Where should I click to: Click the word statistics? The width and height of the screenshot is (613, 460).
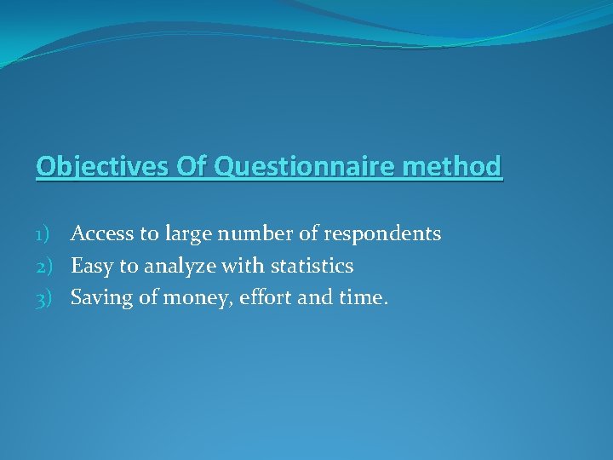pos(312,266)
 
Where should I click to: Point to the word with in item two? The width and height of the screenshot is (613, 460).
pos(243,266)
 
